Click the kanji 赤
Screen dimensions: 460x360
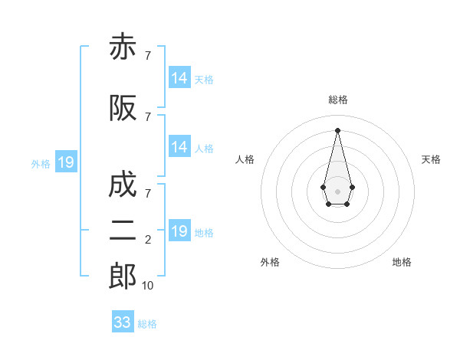click(x=123, y=46)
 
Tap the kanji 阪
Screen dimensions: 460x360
click(x=123, y=108)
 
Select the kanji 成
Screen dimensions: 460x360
click(x=123, y=184)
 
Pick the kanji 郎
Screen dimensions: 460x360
click(x=123, y=276)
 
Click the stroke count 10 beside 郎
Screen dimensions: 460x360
click(x=147, y=286)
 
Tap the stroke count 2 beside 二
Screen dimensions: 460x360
click(x=148, y=240)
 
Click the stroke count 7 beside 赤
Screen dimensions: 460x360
click(x=148, y=55)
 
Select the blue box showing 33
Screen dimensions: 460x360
click(x=123, y=321)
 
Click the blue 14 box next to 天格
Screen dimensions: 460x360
click(x=180, y=77)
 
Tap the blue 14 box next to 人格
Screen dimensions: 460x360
click(x=180, y=146)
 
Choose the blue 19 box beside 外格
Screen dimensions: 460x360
click(x=66, y=162)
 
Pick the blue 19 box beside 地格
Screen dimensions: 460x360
click(x=180, y=230)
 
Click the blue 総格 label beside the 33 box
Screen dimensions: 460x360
click(x=147, y=324)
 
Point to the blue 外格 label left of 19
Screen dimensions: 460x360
click(x=41, y=164)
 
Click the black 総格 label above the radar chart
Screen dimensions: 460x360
click(x=338, y=100)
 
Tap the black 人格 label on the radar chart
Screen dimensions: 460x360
click(x=245, y=159)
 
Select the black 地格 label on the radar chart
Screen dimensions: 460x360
click(x=402, y=262)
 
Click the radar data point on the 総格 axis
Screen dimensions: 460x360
click(x=337, y=130)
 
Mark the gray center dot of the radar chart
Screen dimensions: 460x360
click(x=337, y=191)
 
